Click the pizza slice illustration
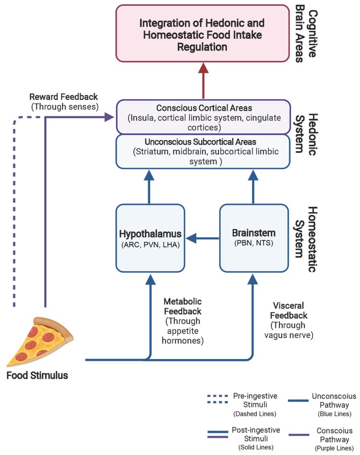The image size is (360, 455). click(41, 341)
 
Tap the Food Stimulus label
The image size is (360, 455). click(37, 375)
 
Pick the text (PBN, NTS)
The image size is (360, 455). click(253, 243)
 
